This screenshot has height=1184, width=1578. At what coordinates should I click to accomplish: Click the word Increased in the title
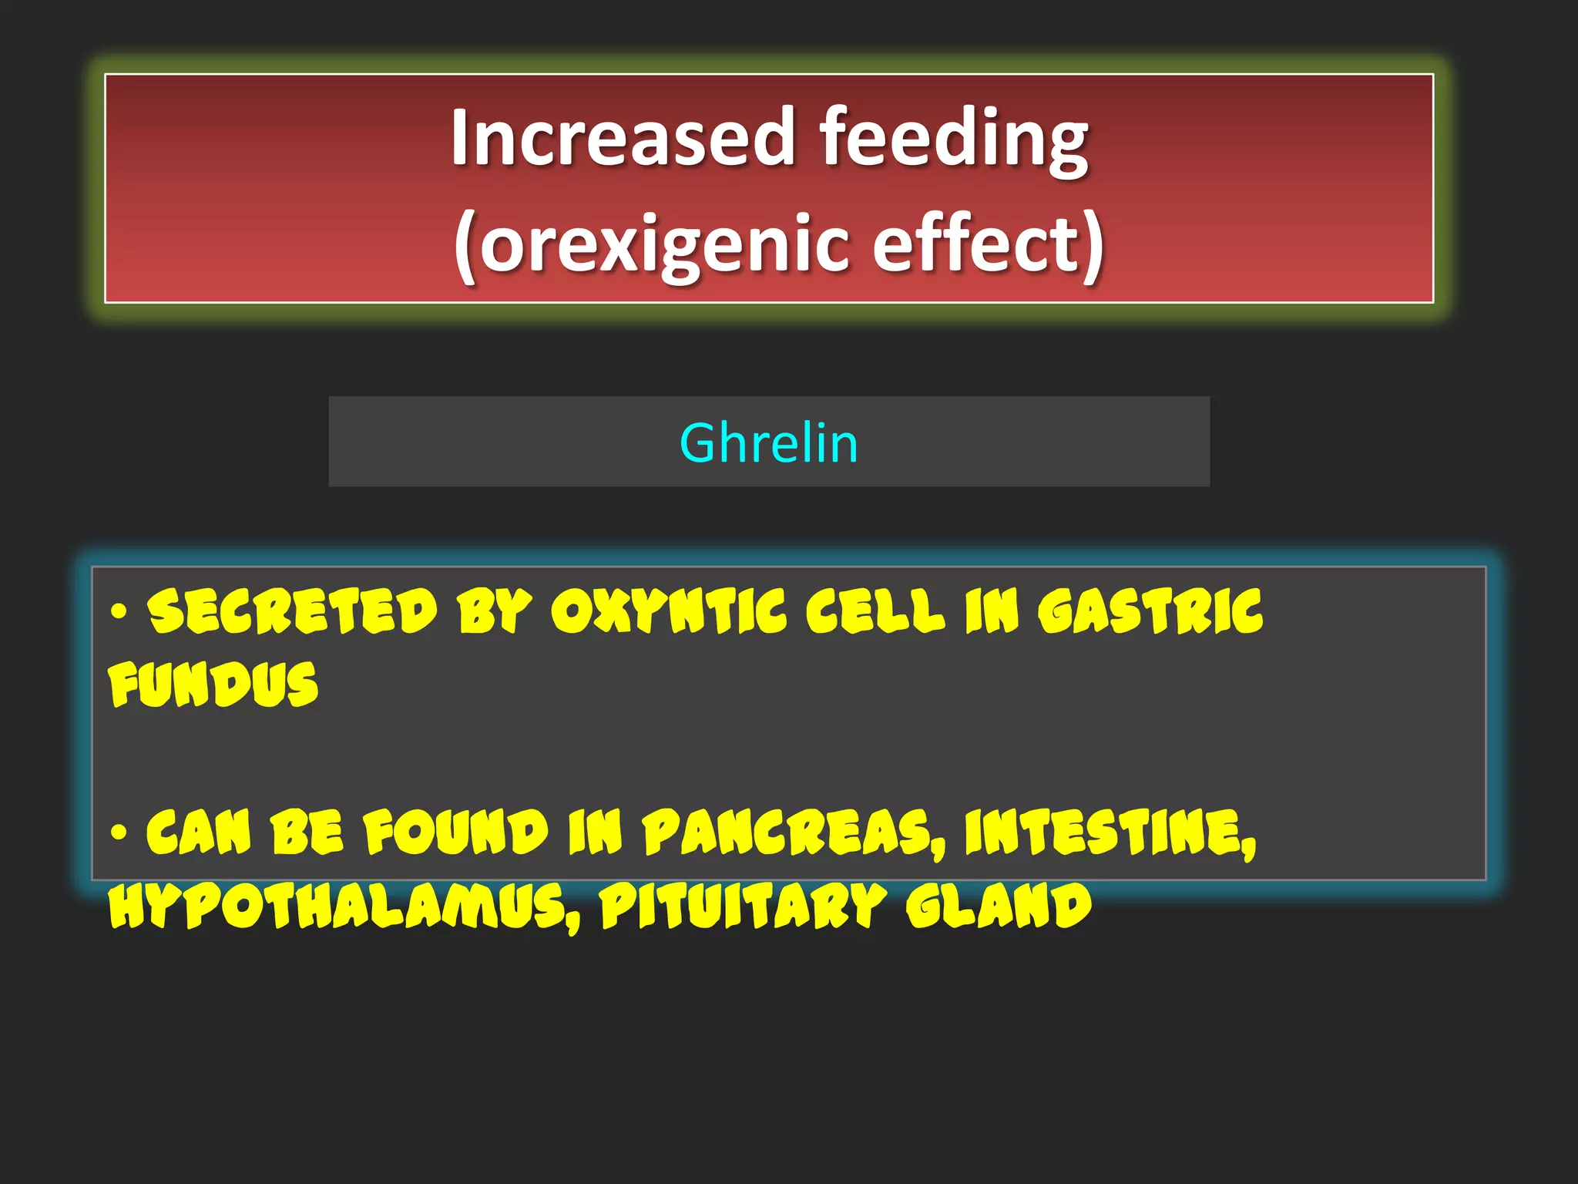(x=623, y=137)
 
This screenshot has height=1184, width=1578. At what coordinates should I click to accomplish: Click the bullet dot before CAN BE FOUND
(x=118, y=832)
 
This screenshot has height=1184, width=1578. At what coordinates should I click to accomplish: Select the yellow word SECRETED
(x=293, y=611)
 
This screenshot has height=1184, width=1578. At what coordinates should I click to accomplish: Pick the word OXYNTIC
(x=669, y=611)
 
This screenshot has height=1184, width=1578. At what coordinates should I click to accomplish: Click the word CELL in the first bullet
(x=875, y=611)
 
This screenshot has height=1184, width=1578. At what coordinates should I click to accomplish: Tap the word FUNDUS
(x=213, y=684)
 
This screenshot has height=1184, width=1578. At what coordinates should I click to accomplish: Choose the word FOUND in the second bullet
(x=455, y=832)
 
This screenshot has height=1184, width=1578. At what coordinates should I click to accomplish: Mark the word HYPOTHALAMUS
(x=343, y=906)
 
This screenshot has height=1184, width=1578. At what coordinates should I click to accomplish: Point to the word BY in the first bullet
(x=494, y=611)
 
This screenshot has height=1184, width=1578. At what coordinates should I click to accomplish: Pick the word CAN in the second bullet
(x=199, y=832)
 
